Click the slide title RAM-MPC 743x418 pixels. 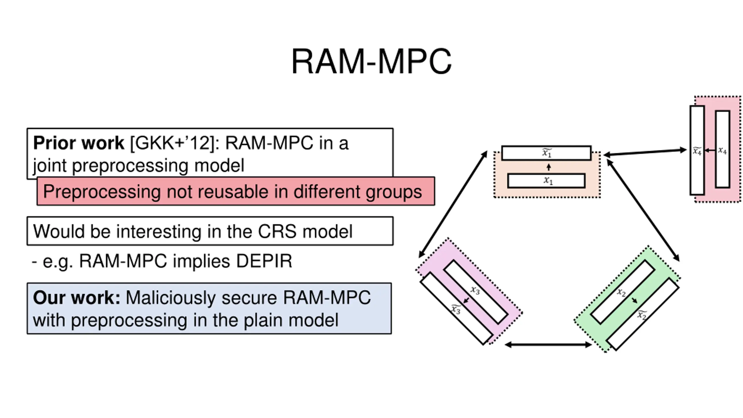click(371, 62)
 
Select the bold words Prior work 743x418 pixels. click(79, 143)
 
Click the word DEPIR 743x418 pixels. click(264, 261)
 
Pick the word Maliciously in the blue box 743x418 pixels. click(171, 298)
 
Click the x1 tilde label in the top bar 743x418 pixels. click(547, 153)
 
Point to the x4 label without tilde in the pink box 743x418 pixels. click(722, 150)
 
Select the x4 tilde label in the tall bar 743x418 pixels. click(697, 151)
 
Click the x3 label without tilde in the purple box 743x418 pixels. click(475, 290)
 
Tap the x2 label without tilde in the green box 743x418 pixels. click(621, 292)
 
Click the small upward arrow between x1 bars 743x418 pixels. click(549, 167)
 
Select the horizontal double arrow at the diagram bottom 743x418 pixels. click(548, 345)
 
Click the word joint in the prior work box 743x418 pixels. click(50, 165)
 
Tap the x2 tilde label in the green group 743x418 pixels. click(642, 315)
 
